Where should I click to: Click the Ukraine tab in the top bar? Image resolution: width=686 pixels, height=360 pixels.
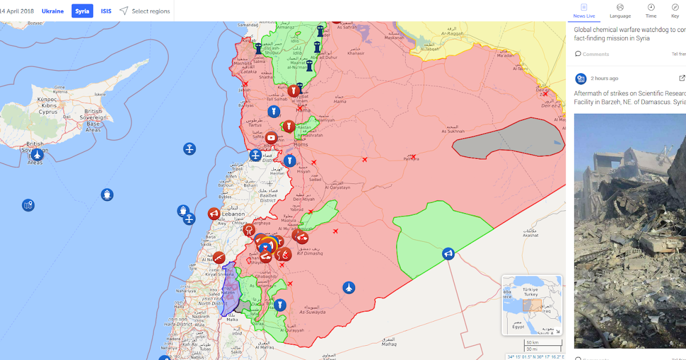(53, 11)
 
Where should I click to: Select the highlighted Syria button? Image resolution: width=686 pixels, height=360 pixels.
(82, 11)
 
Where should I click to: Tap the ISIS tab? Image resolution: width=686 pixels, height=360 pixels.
(106, 11)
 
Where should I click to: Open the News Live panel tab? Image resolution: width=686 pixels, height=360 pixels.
(584, 10)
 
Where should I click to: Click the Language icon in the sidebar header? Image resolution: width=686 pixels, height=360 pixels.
(620, 10)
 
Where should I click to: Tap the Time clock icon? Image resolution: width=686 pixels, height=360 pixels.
(651, 10)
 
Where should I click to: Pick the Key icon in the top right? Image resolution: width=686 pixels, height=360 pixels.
(675, 10)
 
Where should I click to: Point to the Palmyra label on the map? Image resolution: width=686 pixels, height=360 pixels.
(412, 159)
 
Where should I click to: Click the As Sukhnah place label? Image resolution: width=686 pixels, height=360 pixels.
(453, 131)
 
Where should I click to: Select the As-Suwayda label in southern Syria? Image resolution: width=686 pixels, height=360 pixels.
(312, 312)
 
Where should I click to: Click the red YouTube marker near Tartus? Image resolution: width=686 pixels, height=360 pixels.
(271, 137)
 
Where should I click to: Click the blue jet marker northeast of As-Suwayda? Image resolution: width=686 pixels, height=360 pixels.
(348, 287)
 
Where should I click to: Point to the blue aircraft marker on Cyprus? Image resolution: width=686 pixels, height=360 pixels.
(37, 155)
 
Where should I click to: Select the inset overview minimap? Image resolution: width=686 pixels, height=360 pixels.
(532, 305)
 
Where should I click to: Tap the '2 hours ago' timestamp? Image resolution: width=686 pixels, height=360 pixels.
(604, 78)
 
